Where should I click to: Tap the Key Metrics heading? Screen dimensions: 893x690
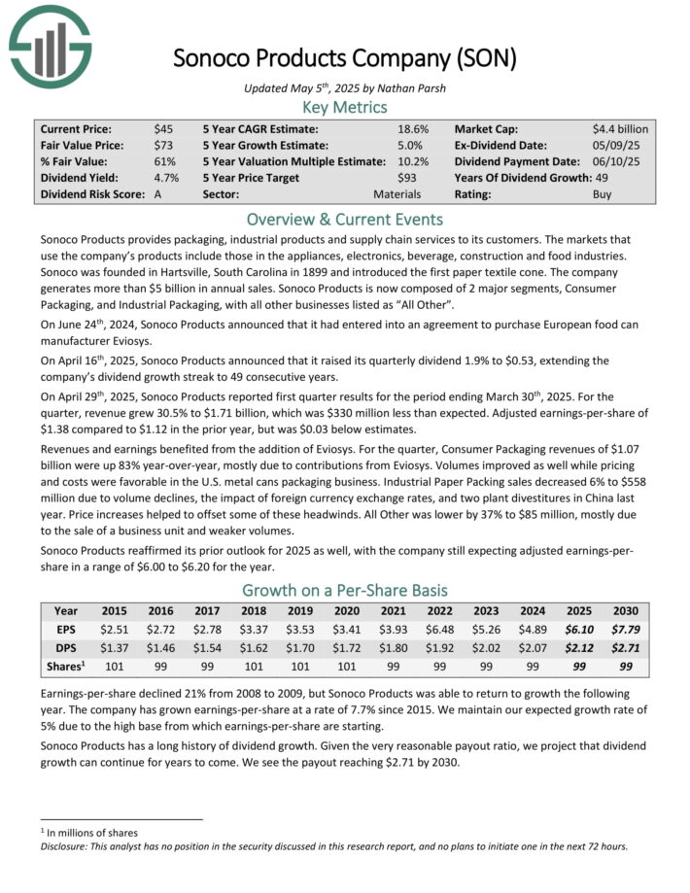pos(345,107)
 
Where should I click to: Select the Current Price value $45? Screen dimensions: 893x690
pos(163,128)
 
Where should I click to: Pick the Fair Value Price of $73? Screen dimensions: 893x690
pos(163,145)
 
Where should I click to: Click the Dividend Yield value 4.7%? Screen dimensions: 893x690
pos(165,178)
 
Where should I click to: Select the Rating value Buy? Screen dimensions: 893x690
pos(603,194)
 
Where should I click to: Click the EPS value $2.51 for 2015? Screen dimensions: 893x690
pos(114,630)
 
